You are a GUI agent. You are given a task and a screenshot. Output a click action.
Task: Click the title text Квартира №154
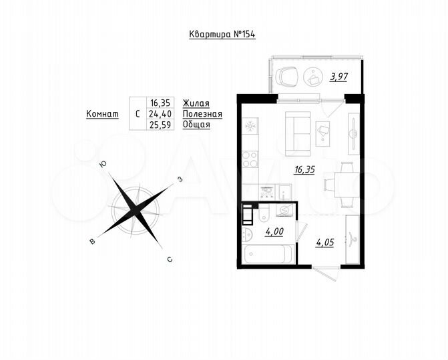point(219,35)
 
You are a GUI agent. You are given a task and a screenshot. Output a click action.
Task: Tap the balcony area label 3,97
point(339,77)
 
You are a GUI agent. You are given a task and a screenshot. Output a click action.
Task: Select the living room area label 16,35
point(304,169)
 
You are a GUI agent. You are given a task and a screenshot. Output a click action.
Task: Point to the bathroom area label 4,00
point(274,233)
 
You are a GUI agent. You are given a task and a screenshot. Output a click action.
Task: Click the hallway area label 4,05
point(325,242)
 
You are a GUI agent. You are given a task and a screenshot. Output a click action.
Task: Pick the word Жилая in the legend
point(196,103)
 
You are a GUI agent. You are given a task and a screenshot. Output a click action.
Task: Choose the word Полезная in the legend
point(202,114)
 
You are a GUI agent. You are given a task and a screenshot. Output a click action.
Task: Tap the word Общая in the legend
point(196,125)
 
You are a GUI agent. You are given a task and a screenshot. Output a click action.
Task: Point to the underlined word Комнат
point(103,114)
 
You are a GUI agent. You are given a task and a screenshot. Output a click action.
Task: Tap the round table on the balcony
point(312,77)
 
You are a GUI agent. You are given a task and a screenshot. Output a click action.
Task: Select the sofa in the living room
point(297,131)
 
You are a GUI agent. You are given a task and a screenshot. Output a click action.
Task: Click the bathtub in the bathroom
point(268,255)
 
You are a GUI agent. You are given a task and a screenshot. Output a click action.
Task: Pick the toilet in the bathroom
point(248,235)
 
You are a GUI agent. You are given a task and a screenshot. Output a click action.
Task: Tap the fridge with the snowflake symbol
point(251,126)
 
